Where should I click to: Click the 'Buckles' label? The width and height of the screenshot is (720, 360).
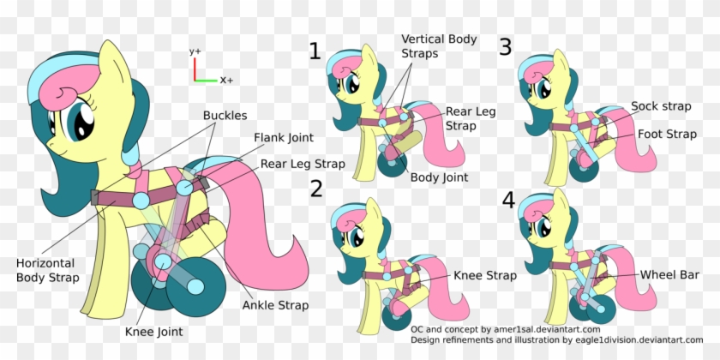click(x=225, y=115)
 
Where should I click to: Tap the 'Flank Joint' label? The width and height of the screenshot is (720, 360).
click(x=284, y=137)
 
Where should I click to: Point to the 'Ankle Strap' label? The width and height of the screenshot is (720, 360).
click(x=275, y=304)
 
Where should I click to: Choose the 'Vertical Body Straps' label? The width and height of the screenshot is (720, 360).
click(x=439, y=46)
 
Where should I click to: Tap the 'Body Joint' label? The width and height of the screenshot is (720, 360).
click(x=439, y=178)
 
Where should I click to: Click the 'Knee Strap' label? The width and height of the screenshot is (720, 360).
click(x=484, y=276)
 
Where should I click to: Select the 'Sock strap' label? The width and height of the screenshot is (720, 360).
click(x=661, y=106)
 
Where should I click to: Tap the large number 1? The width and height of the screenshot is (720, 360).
click(x=315, y=51)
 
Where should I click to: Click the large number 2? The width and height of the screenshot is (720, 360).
click(x=316, y=189)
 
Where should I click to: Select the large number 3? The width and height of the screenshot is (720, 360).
click(x=506, y=46)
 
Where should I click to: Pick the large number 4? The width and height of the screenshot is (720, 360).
click(x=508, y=201)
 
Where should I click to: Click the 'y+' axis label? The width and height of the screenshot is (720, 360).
click(x=195, y=51)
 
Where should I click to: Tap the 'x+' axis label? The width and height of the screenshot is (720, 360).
click(x=227, y=80)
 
